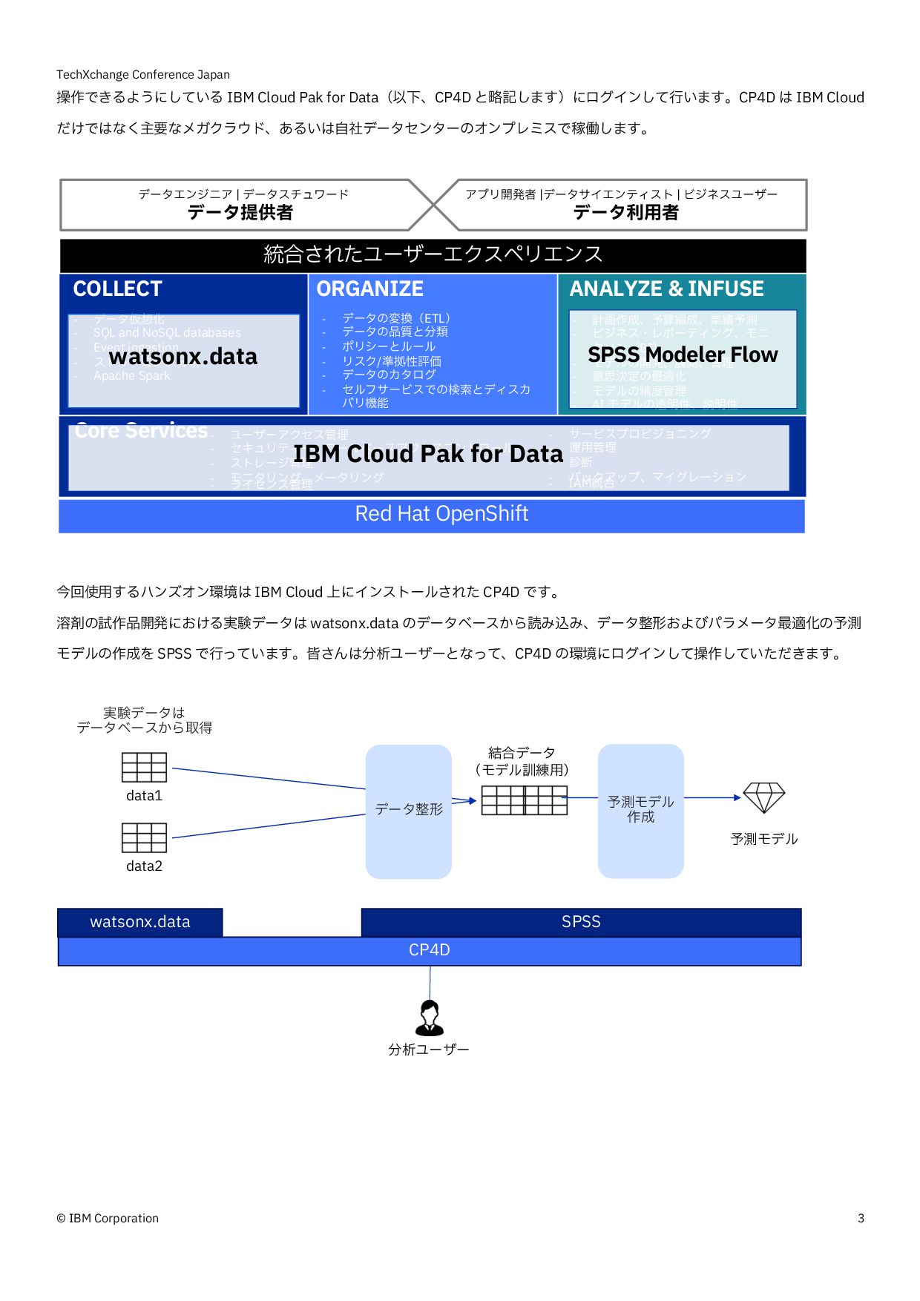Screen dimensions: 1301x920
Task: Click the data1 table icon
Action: pos(144,767)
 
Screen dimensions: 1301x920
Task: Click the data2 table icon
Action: pos(144,837)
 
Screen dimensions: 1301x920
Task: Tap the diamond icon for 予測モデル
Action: pos(763,797)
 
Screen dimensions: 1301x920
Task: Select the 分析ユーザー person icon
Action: pos(430,1017)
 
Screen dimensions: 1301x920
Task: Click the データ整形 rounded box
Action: pos(408,811)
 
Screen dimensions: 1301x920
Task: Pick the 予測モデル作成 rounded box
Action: pos(640,811)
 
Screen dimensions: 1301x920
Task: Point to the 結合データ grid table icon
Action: pos(524,800)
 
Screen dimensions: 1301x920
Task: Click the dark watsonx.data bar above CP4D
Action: pos(139,922)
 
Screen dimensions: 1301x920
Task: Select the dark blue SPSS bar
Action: pos(580,922)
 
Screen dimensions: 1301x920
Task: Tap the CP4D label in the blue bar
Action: pos(430,950)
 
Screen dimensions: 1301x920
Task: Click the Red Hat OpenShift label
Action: pos(441,514)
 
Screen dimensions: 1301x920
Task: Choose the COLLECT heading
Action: pos(117,289)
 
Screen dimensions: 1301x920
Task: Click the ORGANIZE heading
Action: pos(369,289)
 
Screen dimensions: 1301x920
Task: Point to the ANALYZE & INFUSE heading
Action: pos(666,289)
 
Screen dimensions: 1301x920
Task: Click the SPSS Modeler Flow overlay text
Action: pos(683,355)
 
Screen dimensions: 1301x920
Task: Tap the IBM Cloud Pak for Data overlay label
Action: pos(428,454)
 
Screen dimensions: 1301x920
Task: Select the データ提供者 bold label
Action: pos(240,213)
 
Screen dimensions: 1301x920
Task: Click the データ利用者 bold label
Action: pos(625,213)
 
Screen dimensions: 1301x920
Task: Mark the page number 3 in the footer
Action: pos(861,1218)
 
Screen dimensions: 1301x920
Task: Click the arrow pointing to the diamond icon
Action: pos(712,798)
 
